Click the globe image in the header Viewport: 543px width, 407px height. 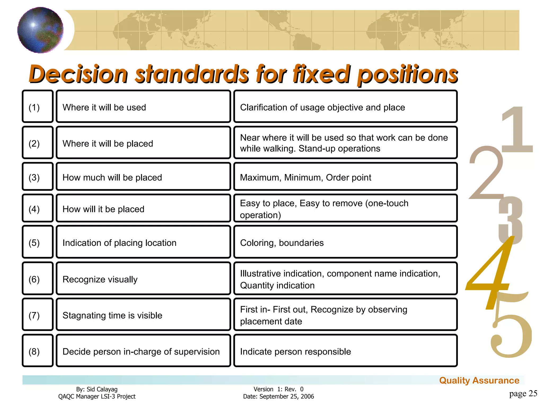40,30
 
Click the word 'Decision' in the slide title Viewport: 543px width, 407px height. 78,74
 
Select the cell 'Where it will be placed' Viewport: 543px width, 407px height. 143,143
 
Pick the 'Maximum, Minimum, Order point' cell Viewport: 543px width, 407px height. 345,177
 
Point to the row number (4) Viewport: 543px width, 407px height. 38,209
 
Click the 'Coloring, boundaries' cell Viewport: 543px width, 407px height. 345,242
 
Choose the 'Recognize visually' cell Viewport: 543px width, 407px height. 143,279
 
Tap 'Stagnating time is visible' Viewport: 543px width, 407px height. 143,315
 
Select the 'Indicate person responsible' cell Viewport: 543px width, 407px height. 345,351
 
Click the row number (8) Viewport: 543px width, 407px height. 38,351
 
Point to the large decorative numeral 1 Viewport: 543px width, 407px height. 517,130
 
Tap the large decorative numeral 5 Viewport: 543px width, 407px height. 510,334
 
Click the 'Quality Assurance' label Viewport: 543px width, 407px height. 479,381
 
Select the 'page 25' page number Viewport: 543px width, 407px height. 523,393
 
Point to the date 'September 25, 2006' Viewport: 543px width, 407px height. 287,396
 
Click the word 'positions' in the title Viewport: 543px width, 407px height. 407,74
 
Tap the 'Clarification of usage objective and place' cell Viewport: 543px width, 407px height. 345,107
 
